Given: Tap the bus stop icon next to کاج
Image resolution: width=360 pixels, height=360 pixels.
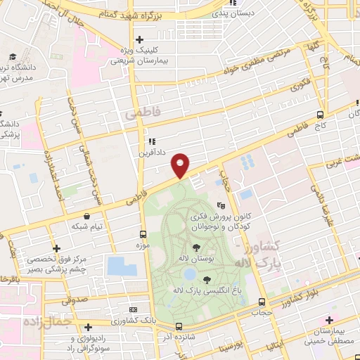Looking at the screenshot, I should click(x=320, y=115).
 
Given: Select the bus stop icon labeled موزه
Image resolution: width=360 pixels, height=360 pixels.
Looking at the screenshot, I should click(x=143, y=234).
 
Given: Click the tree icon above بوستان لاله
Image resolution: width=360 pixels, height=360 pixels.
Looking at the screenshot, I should click(x=195, y=247).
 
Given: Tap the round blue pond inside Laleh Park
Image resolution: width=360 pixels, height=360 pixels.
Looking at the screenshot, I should click(x=189, y=273).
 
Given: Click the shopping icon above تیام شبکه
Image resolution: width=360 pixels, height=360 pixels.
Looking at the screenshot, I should click(x=86, y=217).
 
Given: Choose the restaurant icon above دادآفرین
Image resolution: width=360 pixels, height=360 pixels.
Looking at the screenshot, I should click(x=151, y=141).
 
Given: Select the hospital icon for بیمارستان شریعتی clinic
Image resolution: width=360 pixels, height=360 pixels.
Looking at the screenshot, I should click(x=139, y=40).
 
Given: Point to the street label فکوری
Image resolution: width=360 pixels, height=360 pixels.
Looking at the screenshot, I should click(x=300, y=88).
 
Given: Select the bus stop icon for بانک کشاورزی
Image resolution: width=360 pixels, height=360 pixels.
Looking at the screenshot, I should click(x=133, y=309).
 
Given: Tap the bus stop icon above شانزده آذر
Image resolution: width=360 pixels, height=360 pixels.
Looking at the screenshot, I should click(x=179, y=326).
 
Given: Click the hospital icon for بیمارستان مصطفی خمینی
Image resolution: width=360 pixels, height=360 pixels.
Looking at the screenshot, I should click(x=328, y=320).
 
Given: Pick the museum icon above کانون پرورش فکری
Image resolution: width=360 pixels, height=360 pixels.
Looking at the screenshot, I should click(x=221, y=206).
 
